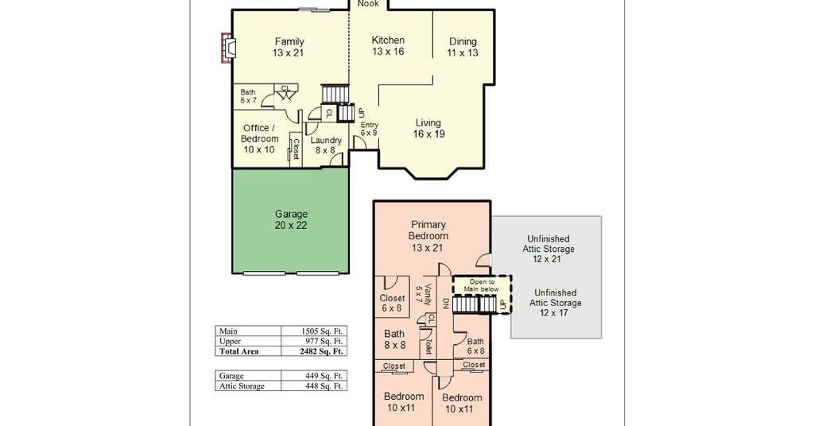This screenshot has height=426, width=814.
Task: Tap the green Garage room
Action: click(291, 220)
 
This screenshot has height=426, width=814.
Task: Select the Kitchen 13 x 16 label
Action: click(388, 45)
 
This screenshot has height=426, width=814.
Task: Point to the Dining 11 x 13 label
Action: click(463, 47)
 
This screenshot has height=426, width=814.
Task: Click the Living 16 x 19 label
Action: click(428, 128)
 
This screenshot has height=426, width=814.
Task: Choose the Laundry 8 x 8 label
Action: click(326, 145)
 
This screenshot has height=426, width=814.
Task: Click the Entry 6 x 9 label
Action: click(369, 129)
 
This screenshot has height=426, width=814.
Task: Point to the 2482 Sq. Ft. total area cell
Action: click(322, 351)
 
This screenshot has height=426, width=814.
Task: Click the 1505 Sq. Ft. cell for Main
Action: click(322, 331)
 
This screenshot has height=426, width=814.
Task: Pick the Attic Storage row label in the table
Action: click(242, 386)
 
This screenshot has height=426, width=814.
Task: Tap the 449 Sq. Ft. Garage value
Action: click(324, 376)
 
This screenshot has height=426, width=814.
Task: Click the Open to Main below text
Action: click(482, 285)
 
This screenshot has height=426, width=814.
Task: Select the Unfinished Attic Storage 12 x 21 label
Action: click(548, 249)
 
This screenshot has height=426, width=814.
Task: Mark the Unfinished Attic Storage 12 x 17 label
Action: click(556, 303)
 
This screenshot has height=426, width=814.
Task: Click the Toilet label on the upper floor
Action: click(428, 346)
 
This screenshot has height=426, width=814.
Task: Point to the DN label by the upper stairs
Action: click(445, 304)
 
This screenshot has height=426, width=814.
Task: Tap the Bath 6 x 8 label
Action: click(475, 346)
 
